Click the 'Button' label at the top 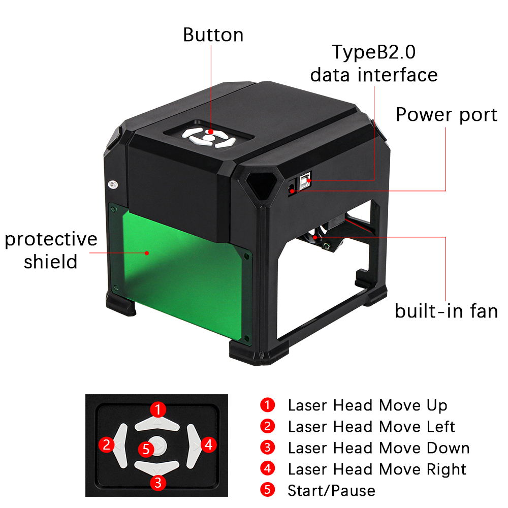(213, 35)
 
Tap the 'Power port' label (447, 115)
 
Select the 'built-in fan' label (446, 311)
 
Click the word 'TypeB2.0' (373, 52)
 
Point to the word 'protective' (51, 240)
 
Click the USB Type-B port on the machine (304, 181)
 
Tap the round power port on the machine (291, 188)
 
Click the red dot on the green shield (147, 253)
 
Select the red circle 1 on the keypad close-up (158, 409)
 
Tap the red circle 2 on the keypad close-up (107, 444)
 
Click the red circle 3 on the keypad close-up (158, 483)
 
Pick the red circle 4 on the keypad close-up (209, 444)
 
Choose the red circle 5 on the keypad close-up (146, 449)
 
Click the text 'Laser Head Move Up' (367, 405)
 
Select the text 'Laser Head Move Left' (371, 427)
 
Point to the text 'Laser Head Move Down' (379, 448)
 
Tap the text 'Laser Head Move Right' (377, 469)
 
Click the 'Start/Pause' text (331, 491)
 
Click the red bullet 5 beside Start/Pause (268, 490)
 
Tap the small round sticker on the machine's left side (113, 185)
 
